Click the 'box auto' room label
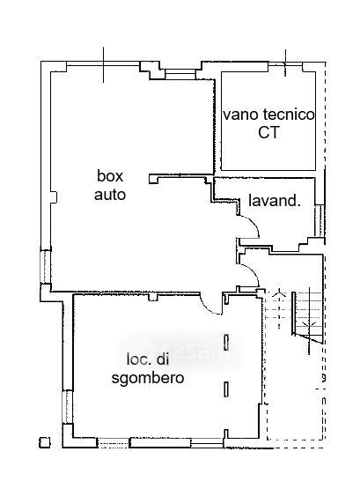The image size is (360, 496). click(110, 185)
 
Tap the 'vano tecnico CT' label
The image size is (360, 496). click(268, 123)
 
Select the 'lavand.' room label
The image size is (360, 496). click(275, 201)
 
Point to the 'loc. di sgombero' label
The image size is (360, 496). click(148, 369)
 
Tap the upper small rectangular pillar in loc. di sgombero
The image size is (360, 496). click(226, 342)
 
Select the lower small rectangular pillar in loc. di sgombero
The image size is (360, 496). click(226, 389)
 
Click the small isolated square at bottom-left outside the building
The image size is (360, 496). click(45, 442)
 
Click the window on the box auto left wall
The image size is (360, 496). click(46, 266)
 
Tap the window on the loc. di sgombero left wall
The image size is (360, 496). click(68, 407)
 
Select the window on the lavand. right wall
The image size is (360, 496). click(320, 220)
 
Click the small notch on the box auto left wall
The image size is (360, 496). click(55, 197)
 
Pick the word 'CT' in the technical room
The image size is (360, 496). click(268, 132)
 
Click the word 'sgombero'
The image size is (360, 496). click(148, 378)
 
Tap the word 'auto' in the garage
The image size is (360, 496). click(110, 195)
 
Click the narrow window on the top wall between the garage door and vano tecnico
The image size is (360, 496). click(180, 74)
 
